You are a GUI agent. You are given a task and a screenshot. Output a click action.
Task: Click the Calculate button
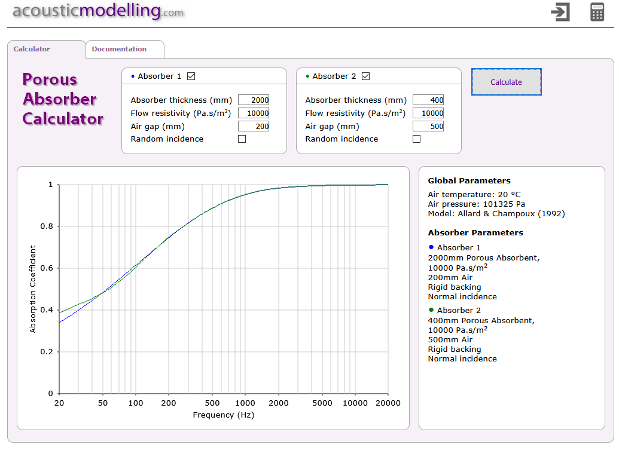[x=506, y=82]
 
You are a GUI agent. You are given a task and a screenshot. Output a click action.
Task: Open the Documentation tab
[x=119, y=49]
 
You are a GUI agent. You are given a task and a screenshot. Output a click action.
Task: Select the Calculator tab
[x=32, y=49]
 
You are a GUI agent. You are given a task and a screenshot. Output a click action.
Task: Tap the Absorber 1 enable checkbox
[x=191, y=76]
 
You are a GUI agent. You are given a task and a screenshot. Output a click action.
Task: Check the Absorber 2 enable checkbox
[x=366, y=76]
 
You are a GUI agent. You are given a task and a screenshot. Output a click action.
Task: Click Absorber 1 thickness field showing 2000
[x=254, y=100]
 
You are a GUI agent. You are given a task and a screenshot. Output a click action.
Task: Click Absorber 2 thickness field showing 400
[x=428, y=100]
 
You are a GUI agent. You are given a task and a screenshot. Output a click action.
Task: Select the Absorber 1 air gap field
[x=254, y=126]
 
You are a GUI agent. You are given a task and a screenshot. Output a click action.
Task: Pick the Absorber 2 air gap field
[x=428, y=126]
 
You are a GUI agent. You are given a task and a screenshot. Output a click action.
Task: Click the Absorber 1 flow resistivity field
[x=254, y=113]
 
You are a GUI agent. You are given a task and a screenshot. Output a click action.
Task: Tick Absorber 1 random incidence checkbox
[x=242, y=139]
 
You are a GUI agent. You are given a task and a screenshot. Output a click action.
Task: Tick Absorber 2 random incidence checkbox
[x=416, y=139]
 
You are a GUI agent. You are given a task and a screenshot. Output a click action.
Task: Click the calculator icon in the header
[x=597, y=12]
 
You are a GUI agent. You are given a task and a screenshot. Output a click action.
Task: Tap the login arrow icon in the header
[x=560, y=12]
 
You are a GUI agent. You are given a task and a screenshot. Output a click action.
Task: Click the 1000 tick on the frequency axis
[x=245, y=403]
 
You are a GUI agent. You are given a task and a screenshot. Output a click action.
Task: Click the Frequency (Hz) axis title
[x=223, y=415]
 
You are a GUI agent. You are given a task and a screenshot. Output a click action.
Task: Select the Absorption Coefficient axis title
[x=33, y=289]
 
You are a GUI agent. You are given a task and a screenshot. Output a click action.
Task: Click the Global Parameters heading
[x=469, y=180]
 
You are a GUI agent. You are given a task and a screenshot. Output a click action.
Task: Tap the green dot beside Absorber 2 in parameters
[x=431, y=309]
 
